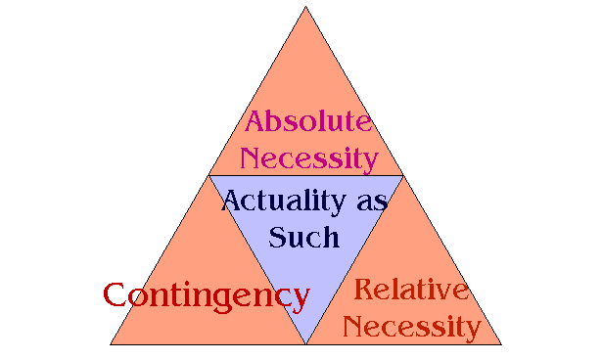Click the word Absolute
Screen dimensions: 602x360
pyautogui.click(x=308, y=122)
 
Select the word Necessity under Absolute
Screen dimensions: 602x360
pyautogui.click(x=309, y=157)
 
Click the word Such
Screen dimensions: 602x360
pyautogui.click(x=304, y=236)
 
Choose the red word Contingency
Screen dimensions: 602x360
pyautogui.click(x=207, y=295)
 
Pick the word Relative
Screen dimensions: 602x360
pyautogui.click(x=412, y=290)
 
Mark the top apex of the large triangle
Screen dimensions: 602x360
pyautogui.click(x=306, y=7)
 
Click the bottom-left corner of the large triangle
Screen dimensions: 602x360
pyautogui.click(x=111, y=344)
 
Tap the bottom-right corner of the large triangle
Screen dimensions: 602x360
pyautogui.click(x=501, y=344)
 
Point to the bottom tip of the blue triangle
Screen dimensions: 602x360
pyautogui.click(x=306, y=343)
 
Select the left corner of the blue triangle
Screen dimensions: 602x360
pyautogui.click(x=209, y=177)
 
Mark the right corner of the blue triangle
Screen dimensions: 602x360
pyautogui.click(x=402, y=177)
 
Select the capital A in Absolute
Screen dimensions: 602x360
pyautogui.click(x=256, y=122)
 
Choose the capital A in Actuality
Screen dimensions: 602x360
pyautogui.click(x=233, y=201)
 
